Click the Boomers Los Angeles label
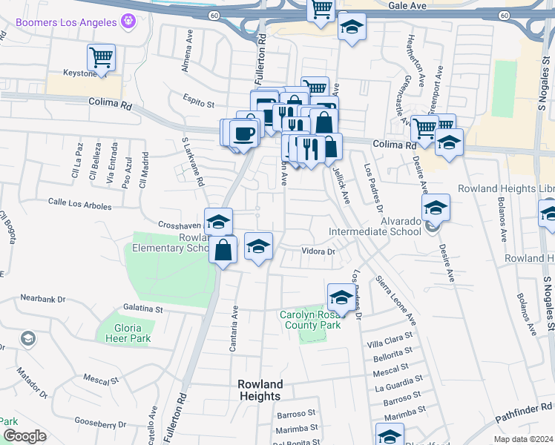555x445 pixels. click(x=66, y=22)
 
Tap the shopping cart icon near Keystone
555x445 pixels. click(x=101, y=57)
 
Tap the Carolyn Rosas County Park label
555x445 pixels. click(x=321, y=320)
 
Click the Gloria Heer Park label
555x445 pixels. click(x=122, y=333)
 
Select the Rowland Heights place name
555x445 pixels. click(x=260, y=390)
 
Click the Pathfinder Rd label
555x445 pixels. click(x=523, y=412)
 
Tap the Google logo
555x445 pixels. click(x=24, y=436)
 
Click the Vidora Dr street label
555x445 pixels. click(x=319, y=251)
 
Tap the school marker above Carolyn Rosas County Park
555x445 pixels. click(x=341, y=297)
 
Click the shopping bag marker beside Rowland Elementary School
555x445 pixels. click(x=223, y=250)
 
